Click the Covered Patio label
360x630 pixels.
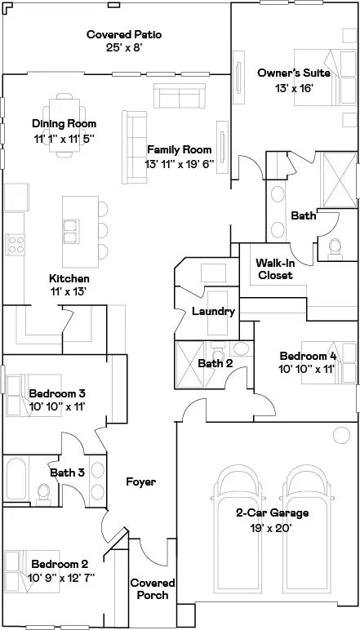pos(124,34)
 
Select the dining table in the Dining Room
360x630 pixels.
pos(64,125)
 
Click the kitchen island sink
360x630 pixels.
pos(71,232)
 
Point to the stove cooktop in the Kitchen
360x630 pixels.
pos(16,245)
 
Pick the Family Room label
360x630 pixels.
pos(180,150)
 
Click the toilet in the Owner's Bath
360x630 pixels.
pos(335,249)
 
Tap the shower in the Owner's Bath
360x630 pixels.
pos(340,180)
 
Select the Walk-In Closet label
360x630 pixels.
pos(275,268)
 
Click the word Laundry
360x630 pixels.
pos(213,311)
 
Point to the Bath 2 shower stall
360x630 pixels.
pos(190,365)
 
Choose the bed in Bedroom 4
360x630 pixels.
pos(329,362)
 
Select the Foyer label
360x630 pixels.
pos(140,481)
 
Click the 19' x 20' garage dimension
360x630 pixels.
pos(272,526)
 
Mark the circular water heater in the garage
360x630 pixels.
pos(341,435)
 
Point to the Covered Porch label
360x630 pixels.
pos(153,588)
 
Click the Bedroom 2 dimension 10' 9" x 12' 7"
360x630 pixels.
pos(61,577)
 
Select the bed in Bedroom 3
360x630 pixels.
pos(33,395)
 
